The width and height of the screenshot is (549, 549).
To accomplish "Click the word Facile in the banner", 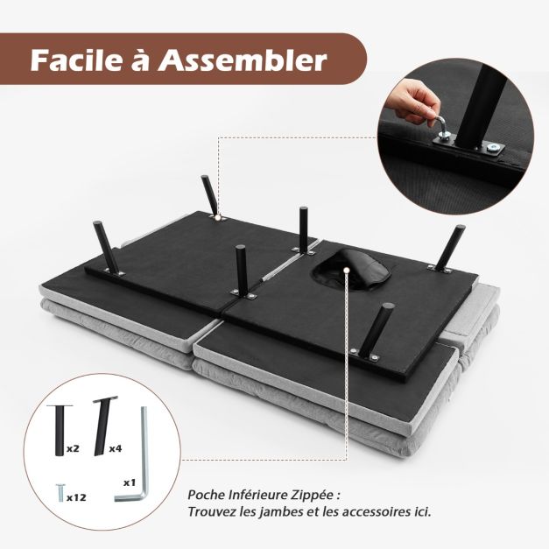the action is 74,60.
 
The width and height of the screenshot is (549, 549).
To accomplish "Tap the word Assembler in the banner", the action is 243,60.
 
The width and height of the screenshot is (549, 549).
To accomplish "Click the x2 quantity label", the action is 73,448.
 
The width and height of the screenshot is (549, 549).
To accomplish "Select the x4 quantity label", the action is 116,448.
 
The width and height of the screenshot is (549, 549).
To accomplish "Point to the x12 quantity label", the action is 76,497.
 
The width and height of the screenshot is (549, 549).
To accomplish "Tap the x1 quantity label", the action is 130,482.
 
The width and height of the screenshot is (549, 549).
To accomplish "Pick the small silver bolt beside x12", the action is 60,493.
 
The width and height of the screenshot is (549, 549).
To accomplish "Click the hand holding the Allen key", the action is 416,101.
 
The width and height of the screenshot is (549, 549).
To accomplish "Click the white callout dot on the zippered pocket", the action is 347,270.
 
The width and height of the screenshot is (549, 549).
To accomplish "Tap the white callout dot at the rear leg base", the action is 219,217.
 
